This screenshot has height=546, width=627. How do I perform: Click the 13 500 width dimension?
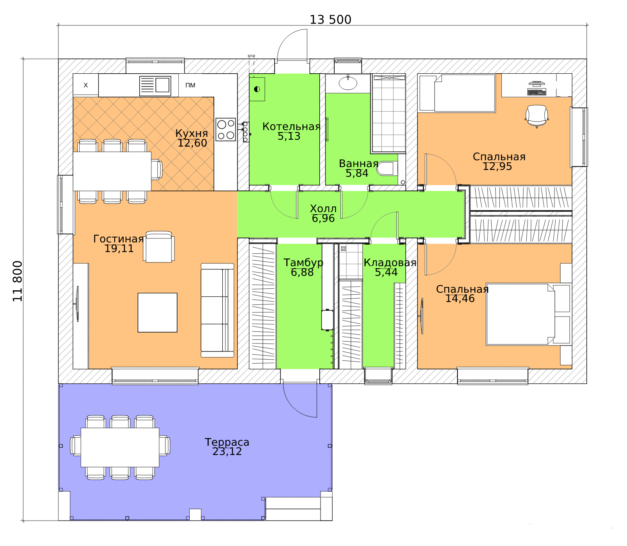click(330, 20)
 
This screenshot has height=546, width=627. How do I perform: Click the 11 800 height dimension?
click(18, 281)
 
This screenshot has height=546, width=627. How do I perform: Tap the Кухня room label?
click(192, 133)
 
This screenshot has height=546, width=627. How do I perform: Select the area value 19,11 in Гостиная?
click(119, 248)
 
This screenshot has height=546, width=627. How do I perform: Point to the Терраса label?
click(227, 442)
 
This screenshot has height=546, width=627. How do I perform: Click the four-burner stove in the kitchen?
click(225, 129)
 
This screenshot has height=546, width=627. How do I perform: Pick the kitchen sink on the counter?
click(155, 86)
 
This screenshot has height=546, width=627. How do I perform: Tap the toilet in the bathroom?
click(387, 169)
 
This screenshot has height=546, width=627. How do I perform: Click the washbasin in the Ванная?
click(348, 83)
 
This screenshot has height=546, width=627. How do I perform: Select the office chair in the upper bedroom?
click(537, 116)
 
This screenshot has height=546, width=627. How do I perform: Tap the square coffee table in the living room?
click(157, 312)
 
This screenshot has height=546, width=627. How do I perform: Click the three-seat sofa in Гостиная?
click(217, 310)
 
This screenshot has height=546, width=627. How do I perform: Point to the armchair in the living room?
click(158, 247)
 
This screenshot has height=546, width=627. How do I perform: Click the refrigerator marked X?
click(85, 85)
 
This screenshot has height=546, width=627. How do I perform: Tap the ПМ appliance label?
click(190, 85)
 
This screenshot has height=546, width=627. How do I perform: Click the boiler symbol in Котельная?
click(257, 89)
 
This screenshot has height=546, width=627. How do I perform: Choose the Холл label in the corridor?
click(323, 209)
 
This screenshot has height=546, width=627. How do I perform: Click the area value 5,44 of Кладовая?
click(386, 272)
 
